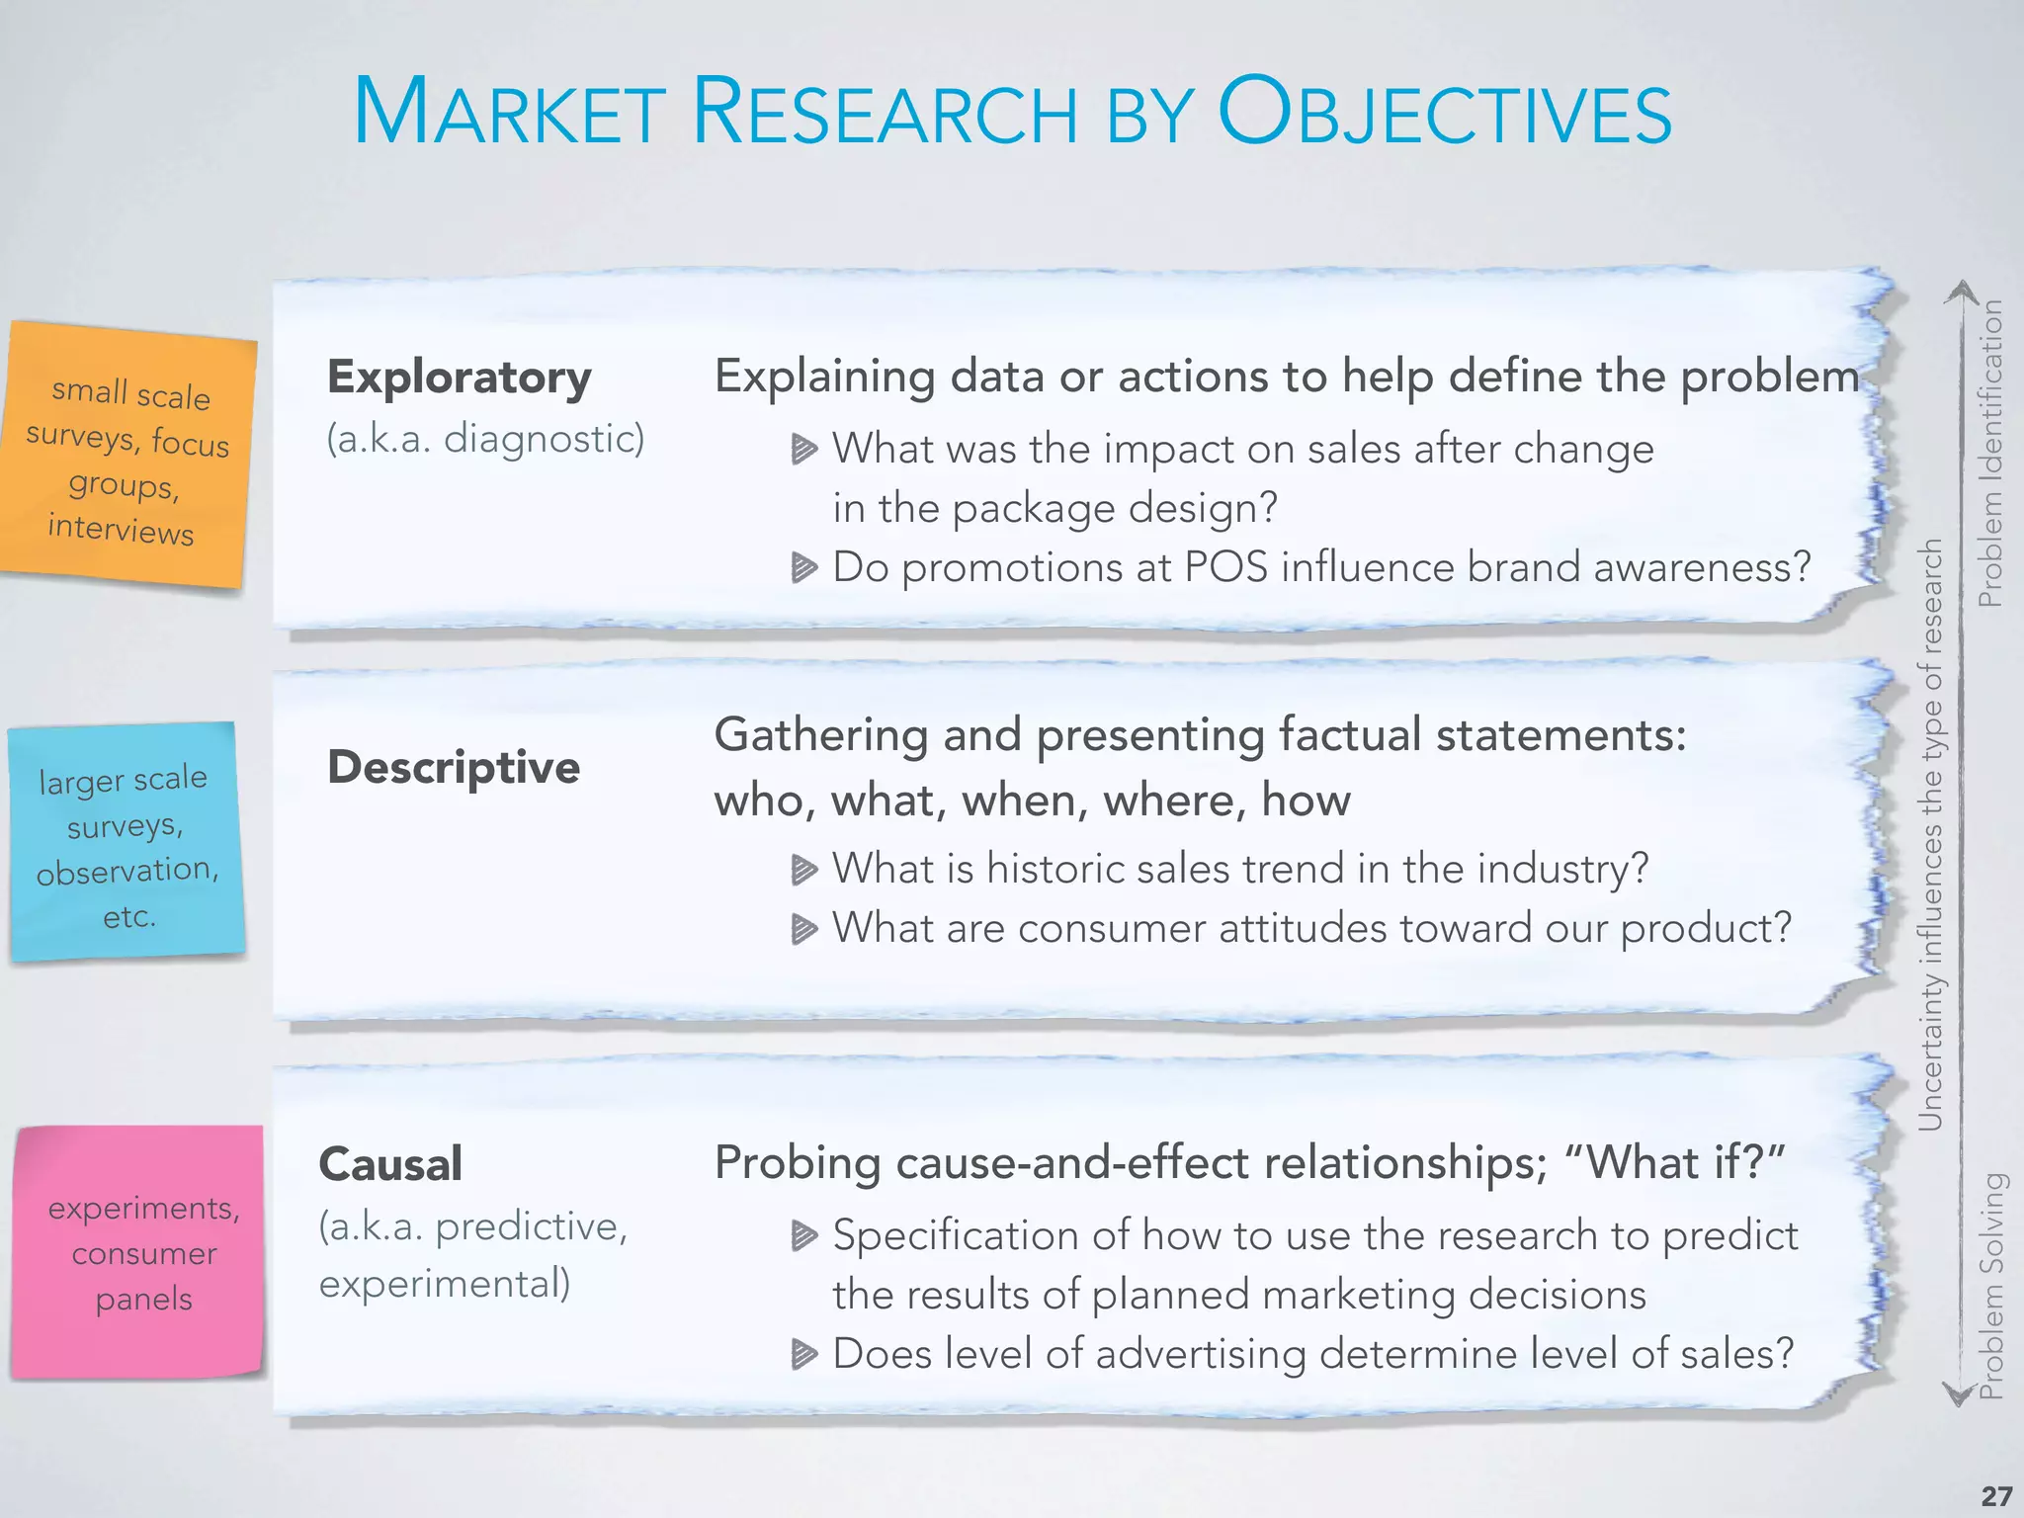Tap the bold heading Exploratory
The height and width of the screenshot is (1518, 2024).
(x=460, y=378)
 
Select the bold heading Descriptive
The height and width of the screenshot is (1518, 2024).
(x=454, y=767)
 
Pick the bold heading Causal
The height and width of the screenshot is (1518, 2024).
(x=390, y=1163)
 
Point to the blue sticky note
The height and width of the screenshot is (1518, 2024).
(x=126, y=843)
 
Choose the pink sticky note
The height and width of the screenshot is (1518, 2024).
(x=139, y=1251)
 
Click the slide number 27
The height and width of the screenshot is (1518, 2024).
(x=1996, y=1495)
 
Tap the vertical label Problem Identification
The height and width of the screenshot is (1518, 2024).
(x=1989, y=453)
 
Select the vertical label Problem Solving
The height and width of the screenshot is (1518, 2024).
(x=1990, y=1285)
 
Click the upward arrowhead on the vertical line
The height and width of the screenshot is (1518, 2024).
(x=1962, y=293)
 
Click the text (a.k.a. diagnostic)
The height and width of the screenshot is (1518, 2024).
(x=485, y=438)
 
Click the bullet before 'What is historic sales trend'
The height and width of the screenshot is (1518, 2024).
(x=804, y=870)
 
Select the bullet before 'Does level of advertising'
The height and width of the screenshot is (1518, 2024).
(x=804, y=1354)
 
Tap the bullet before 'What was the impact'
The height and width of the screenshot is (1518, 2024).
(x=804, y=450)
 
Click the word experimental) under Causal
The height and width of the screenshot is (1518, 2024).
(x=444, y=1284)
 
